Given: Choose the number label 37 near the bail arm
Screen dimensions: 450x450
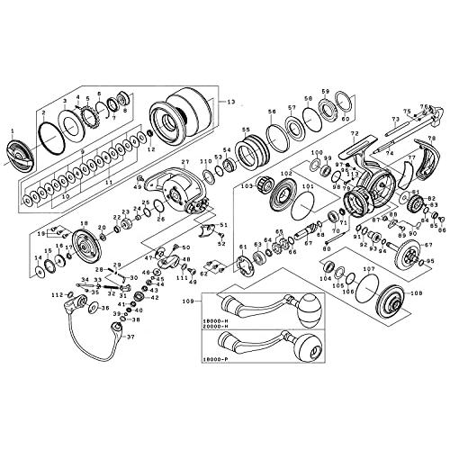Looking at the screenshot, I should [130, 339].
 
